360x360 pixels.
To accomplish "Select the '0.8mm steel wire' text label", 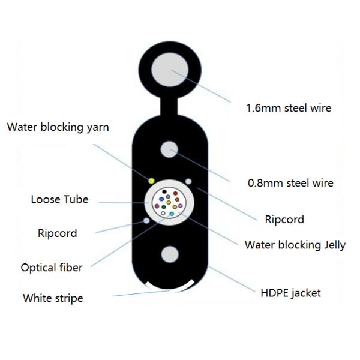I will [290, 183].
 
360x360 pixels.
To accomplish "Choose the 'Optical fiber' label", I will [52, 267].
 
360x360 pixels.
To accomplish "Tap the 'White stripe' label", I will [53, 298].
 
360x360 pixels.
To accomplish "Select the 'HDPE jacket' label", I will [291, 293].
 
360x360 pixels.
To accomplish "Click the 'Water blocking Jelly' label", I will [295, 245].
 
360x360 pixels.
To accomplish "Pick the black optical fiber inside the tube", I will [164, 191].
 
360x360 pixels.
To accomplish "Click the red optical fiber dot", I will [175, 193].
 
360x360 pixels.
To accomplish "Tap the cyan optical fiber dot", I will [172, 214].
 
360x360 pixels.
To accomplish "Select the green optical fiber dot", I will [164, 207].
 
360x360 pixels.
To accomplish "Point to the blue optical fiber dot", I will [161, 199].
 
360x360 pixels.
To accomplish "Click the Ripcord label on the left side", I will [57, 233].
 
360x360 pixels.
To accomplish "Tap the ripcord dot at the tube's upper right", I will [188, 181].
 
